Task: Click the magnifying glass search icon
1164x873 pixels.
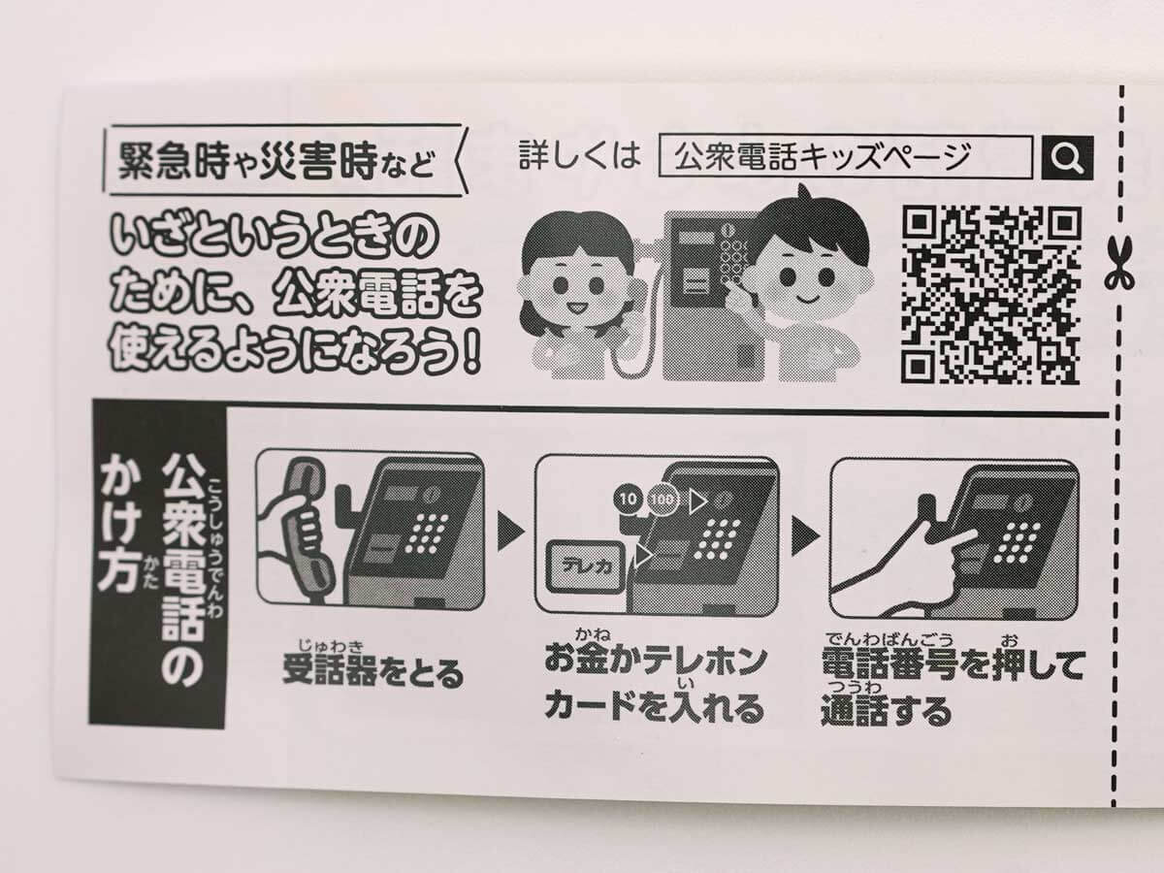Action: point(1067,157)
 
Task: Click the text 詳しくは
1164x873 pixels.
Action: point(580,155)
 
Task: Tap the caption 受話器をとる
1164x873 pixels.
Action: point(372,672)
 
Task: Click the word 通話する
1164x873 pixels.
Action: point(885,712)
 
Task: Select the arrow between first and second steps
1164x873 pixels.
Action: point(510,532)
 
